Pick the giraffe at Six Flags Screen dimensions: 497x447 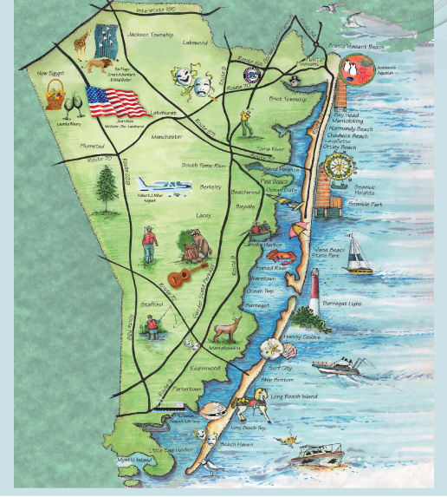click(81, 41)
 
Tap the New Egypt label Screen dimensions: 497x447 click(52, 74)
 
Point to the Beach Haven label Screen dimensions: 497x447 click(236, 444)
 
